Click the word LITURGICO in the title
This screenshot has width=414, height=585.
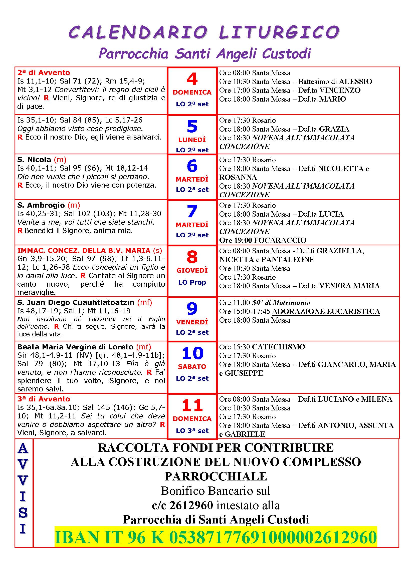click(x=279, y=32)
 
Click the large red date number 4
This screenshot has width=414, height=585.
click(x=192, y=79)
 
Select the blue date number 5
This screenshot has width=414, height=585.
click(x=192, y=126)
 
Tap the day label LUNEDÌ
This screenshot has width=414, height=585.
click(x=192, y=140)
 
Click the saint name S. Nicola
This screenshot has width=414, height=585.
click(x=34, y=160)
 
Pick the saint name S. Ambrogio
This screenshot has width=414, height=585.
click(x=41, y=205)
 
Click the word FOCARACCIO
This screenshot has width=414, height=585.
click(x=280, y=240)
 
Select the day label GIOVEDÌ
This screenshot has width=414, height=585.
click(x=192, y=270)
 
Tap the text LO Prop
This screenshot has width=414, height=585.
click(x=192, y=282)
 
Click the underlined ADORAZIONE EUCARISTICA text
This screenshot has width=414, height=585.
click(x=326, y=311)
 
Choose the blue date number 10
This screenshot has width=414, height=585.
click(x=192, y=353)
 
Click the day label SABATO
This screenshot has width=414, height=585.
click(x=192, y=367)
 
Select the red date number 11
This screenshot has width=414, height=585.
click(x=192, y=405)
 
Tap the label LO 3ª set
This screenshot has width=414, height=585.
click(x=192, y=431)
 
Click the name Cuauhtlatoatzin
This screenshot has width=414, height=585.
click(x=104, y=302)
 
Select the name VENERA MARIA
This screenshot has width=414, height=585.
click(x=349, y=286)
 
